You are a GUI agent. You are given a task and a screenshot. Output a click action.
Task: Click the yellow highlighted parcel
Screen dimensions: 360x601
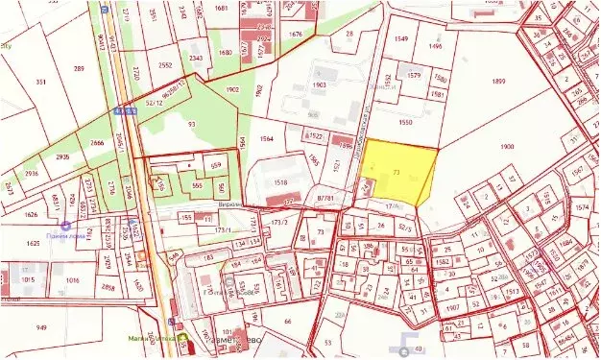(x=397, y=173)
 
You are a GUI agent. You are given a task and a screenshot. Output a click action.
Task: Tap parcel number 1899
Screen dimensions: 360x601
(x=497, y=82)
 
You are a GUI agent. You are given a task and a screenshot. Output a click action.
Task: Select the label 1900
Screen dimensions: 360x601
(x=508, y=145)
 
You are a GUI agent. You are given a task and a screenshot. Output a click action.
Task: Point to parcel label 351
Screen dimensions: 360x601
(x=41, y=83)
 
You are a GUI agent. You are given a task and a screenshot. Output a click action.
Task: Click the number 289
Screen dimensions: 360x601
(x=78, y=68)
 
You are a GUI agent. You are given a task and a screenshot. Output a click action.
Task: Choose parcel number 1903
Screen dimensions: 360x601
(x=320, y=84)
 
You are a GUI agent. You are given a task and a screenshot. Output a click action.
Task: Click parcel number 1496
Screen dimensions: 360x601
(x=435, y=46)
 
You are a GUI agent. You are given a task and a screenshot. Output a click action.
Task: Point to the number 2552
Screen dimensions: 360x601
(x=164, y=65)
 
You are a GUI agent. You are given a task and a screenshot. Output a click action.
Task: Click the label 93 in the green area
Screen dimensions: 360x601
(x=191, y=124)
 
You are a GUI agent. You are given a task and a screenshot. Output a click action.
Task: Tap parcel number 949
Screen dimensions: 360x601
(x=41, y=327)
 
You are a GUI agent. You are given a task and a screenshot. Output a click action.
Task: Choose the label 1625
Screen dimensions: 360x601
(x=32, y=244)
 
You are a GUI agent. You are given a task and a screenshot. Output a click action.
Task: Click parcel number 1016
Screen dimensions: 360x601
(x=72, y=280)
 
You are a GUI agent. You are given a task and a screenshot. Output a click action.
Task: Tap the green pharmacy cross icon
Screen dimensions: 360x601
(x=183, y=339)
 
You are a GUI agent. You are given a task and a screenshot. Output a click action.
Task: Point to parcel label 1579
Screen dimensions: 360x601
(x=414, y=75)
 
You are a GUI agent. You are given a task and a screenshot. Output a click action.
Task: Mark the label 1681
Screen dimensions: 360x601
(x=222, y=8)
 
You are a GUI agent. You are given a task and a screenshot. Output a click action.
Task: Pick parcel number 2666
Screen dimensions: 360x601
(x=97, y=142)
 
